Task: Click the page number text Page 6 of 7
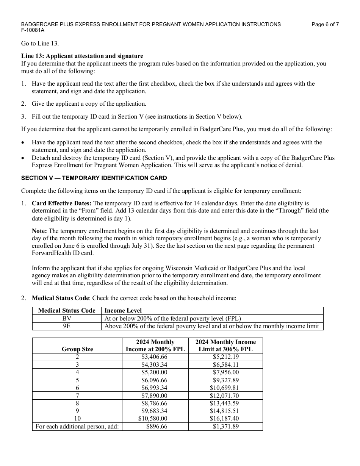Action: tap(325, 24)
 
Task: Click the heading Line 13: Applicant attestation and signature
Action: tap(82, 56)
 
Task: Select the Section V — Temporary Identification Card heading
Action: tap(94, 178)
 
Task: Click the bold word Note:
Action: tap(39, 231)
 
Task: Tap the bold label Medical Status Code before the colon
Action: tap(61, 298)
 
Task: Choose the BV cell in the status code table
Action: tap(67, 319)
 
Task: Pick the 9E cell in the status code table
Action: tap(67, 326)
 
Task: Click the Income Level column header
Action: tap(123, 311)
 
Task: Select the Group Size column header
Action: tap(77, 349)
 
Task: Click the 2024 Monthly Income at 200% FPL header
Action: tap(155, 346)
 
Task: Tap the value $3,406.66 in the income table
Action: tap(154, 357)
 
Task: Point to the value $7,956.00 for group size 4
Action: tap(225, 372)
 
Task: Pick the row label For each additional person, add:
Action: tap(77, 427)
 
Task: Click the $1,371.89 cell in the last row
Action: tap(226, 427)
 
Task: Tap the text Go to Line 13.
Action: tap(40, 44)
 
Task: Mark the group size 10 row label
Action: tap(77, 419)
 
